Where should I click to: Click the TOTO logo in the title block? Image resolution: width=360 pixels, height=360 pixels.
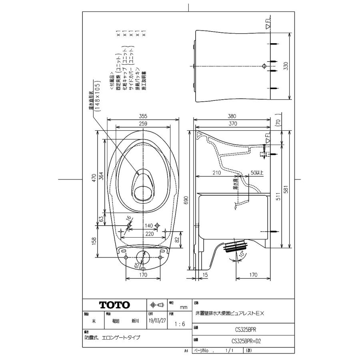115,305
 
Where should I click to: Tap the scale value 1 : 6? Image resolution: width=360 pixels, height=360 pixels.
180,324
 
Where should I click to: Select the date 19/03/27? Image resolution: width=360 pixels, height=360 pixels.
156,321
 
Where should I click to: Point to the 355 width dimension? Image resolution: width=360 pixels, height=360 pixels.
143,116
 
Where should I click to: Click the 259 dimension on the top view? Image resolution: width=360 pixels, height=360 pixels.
143,124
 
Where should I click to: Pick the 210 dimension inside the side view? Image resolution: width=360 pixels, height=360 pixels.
216,173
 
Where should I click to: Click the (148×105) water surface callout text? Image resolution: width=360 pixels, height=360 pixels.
97,96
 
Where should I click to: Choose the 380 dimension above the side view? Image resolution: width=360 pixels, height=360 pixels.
232,116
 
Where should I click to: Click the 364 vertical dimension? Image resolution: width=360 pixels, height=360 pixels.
102,177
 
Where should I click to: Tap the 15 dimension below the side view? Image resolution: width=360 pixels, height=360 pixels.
204,275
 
